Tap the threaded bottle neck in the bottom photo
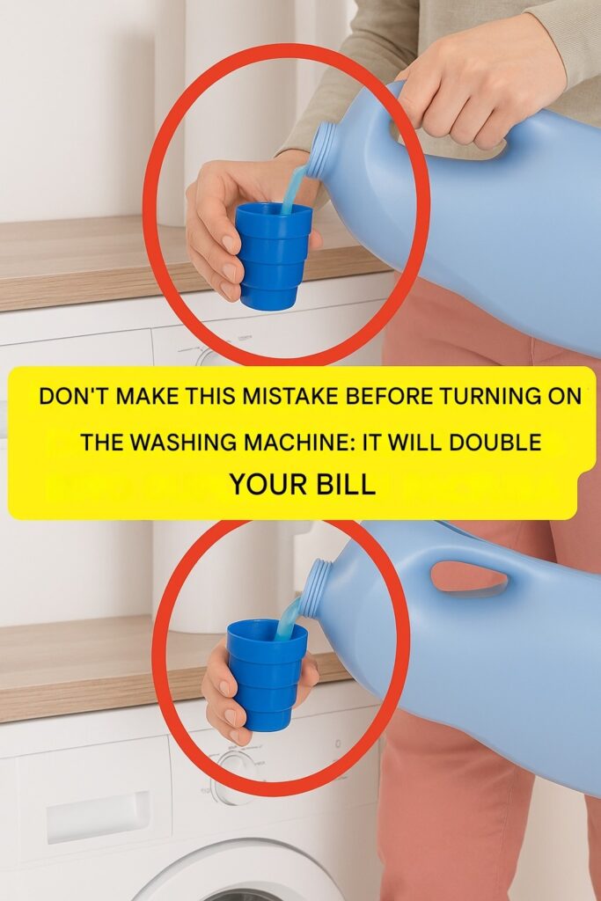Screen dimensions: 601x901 [x=317, y=589]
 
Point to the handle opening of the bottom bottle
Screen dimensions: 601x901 [x=469, y=577]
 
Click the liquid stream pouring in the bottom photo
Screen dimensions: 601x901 [x=288, y=619]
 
